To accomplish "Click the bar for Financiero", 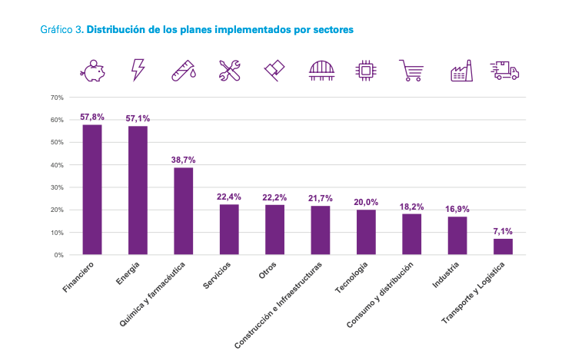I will [x=92, y=189].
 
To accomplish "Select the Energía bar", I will [x=138, y=190].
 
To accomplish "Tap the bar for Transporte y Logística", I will [x=503, y=246].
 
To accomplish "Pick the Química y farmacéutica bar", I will [x=184, y=210].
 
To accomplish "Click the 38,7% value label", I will [x=184, y=160].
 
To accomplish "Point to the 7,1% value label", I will [x=503, y=231].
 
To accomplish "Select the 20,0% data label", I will [x=366, y=202].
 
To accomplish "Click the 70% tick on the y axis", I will [x=57, y=98].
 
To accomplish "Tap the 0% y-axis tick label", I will [x=58, y=255].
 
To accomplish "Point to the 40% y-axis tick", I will [x=57, y=165].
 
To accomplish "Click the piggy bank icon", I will [x=92, y=70].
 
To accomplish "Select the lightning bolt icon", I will [x=138, y=70].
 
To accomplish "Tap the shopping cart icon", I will [x=411, y=71].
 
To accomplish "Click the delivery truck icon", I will [x=506, y=71].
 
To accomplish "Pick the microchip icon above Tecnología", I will [x=366, y=71].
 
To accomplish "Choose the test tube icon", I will [x=183, y=71].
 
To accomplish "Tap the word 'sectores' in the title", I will [x=330, y=30].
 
